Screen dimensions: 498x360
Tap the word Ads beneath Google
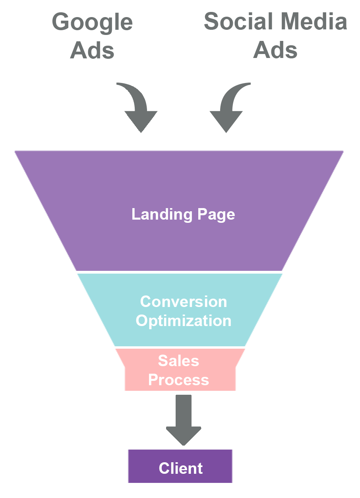pyautogui.click(x=92, y=51)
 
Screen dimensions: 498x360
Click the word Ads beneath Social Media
pyautogui.click(x=275, y=51)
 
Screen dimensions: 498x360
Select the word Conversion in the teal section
pyautogui.click(x=184, y=302)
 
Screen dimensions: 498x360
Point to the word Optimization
pyautogui.click(x=184, y=321)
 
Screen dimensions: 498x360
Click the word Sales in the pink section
pyautogui.click(x=178, y=361)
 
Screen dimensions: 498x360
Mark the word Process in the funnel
pyautogui.click(x=178, y=380)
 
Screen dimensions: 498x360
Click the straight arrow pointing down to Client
pyautogui.click(x=183, y=419)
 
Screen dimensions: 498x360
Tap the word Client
pyautogui.click(x=181, y=469)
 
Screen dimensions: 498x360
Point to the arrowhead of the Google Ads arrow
pyautogui.click(x=141, y=121)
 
